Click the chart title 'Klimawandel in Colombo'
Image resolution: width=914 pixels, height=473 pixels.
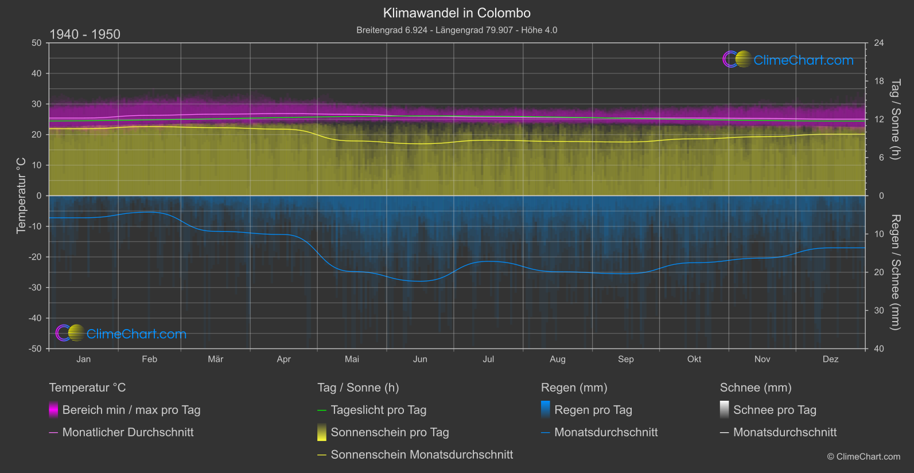pos(457,13)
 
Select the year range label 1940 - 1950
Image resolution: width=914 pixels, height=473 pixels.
pos(85,34)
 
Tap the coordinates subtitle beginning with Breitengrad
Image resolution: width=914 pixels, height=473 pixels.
pos(457,30)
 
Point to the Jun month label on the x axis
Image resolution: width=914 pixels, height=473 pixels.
pos(420,359)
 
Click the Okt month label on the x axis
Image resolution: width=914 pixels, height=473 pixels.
pos(694,359)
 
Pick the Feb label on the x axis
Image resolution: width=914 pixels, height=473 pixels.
pos(149,359)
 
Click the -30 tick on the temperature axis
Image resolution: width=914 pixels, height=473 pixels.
pos(36,287)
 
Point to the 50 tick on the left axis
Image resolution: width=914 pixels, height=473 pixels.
pos(37,43)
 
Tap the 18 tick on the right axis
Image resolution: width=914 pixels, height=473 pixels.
pos(879,81)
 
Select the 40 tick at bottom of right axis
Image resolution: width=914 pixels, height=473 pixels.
pos(879,349)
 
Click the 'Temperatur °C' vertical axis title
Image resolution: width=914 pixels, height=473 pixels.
pos(21,196)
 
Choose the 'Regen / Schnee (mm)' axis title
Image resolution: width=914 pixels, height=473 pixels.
pos(895,272)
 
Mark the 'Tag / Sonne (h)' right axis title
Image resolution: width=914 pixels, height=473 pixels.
pos(895,119)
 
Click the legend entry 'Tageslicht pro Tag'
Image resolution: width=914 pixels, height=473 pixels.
pos(379,410)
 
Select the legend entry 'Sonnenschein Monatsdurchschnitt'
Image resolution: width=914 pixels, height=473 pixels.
pos(422,455)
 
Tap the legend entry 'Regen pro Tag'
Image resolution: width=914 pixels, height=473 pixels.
pos(593,410)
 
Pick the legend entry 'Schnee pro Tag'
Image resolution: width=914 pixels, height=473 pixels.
pos(775,410)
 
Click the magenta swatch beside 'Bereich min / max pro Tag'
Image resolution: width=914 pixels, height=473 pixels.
pos(53,410)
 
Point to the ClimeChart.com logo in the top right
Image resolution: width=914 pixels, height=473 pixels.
pos(788,60)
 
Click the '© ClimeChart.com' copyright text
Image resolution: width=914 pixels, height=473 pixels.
pos(864,456)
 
